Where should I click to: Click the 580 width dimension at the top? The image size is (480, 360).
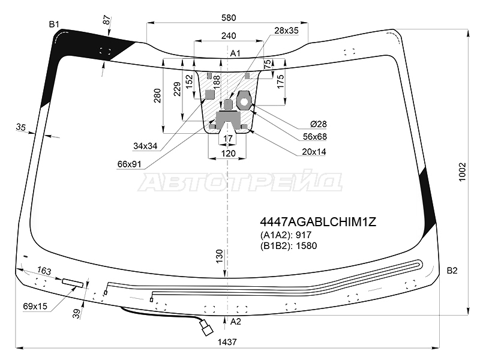(x=229, y=18)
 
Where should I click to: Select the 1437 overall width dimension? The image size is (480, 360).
(x=227, y=341)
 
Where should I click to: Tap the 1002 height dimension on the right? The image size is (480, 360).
(x=462, y=172)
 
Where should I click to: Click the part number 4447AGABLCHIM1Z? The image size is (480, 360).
(x=318, y=222)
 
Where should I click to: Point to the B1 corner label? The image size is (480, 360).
(x=54, y=24)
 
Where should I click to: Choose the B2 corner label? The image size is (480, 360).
(x=452, y=271)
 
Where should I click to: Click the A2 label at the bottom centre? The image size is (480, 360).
(x=235, y=322)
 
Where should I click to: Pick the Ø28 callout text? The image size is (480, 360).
(x=319, y=124)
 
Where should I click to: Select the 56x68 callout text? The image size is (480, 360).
(x=314, y=137)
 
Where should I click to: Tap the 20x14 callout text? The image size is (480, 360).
(x=314, y=152)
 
